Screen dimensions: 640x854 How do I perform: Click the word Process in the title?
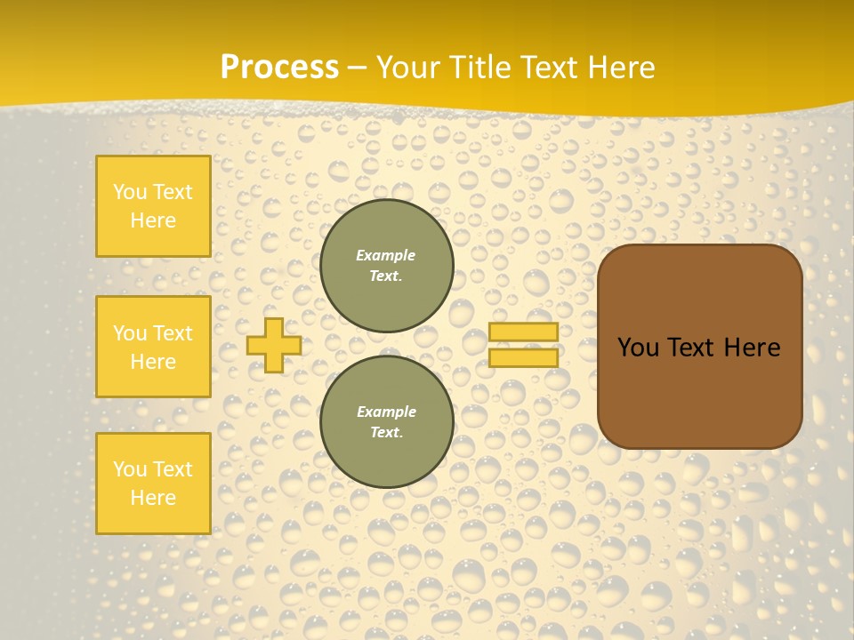pos(278,68)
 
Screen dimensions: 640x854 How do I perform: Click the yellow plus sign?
pos(273,345)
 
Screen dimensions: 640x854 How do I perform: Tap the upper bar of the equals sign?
pos(523,332)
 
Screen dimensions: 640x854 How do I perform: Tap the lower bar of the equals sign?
pos(523,358)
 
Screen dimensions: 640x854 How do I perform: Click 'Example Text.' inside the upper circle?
pos(386,265)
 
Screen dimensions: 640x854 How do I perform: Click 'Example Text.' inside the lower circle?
pos(386,421)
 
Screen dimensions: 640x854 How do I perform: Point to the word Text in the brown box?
pos(690,348)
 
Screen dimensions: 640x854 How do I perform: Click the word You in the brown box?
pos(638,348)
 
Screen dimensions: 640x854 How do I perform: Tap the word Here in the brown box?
pos(752,348)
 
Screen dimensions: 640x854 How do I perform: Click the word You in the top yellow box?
pos(130,192)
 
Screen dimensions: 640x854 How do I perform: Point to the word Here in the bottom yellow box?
pos(153,498)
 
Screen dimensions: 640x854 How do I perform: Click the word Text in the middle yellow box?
pos(173,333)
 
